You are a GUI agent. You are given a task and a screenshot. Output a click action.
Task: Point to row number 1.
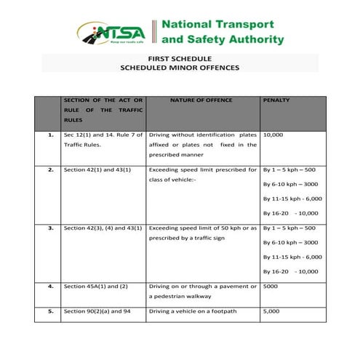click(x=50, y=135)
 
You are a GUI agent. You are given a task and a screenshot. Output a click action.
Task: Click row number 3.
click(x=50, y=228)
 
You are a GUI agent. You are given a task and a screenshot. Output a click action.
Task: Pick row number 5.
click(x=50, y=311)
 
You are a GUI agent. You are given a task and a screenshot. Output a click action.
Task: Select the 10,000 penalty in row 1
click(x=273, y=135)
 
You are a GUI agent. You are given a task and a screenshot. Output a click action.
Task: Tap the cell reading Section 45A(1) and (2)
click(x=95, y=286)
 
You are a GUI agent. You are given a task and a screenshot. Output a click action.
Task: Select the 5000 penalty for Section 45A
click(x=270, y=286)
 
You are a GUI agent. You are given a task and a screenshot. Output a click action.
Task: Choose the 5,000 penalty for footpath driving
click(x=271, y=311)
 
